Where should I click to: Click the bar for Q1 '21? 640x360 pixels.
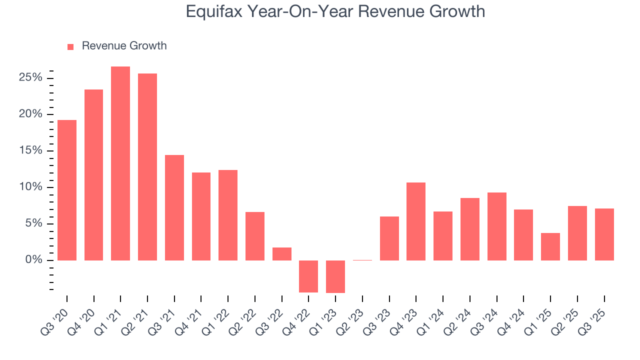[120, 163]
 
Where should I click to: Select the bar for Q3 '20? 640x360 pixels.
[67, 190]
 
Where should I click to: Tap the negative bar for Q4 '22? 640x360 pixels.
[308, 276]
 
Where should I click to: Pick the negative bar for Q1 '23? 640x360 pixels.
[335, 276]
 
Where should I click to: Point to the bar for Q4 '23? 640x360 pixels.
[416, 221]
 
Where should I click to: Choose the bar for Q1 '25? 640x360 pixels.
[550, 246]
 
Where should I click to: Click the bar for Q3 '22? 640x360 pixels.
[281, 254]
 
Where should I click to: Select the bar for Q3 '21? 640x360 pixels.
[174, 207]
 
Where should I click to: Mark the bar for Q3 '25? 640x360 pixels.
[604, 234]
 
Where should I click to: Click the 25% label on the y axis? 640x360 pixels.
[30, 78]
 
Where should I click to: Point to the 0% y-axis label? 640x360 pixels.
[33, 260]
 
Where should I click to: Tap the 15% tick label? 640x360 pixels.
[30, 151]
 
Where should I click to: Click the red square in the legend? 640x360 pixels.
[70, 46]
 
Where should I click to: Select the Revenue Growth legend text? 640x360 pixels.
[124, 46]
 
